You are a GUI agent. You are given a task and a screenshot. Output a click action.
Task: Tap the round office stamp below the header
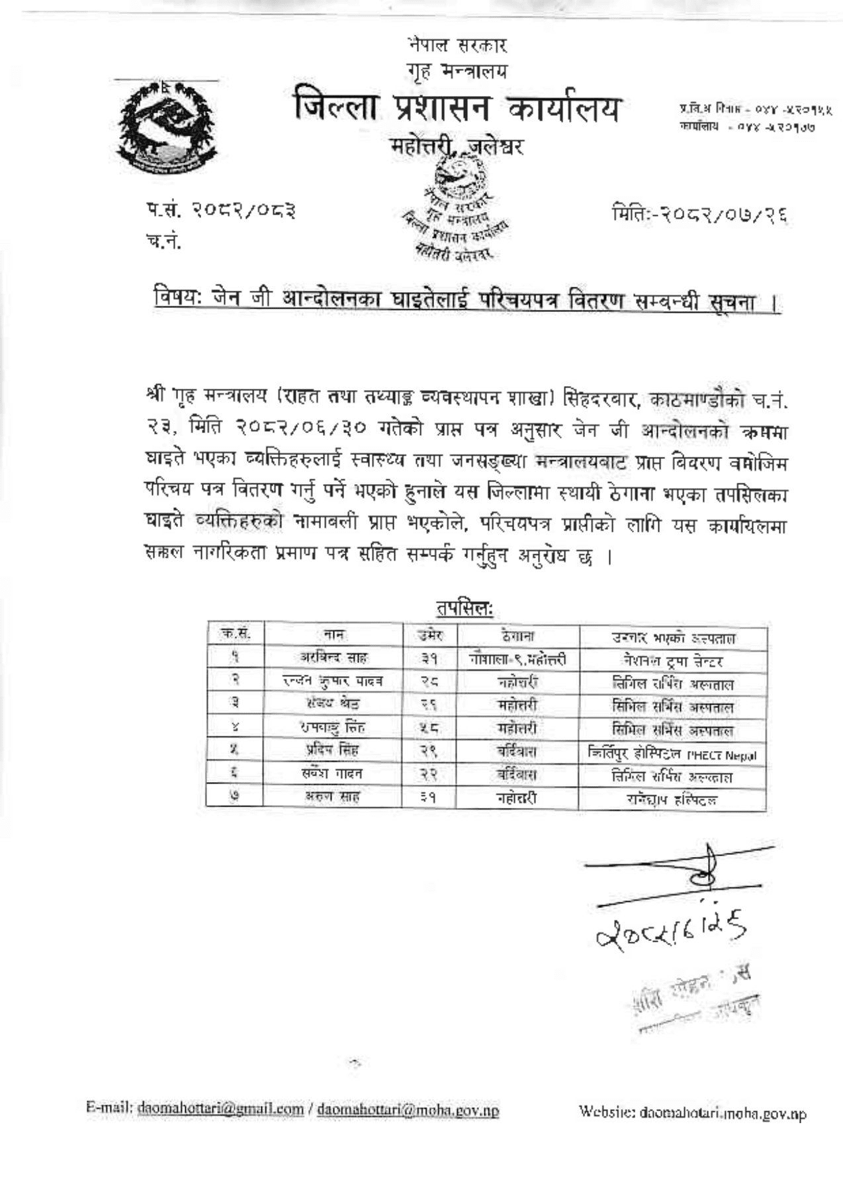click(457, 211)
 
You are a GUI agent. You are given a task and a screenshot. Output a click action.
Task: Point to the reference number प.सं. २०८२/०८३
click(221, 211)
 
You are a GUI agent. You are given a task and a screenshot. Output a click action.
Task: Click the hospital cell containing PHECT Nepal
click(672, 754)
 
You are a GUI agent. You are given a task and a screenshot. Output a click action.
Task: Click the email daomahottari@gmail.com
click(220, 1109)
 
